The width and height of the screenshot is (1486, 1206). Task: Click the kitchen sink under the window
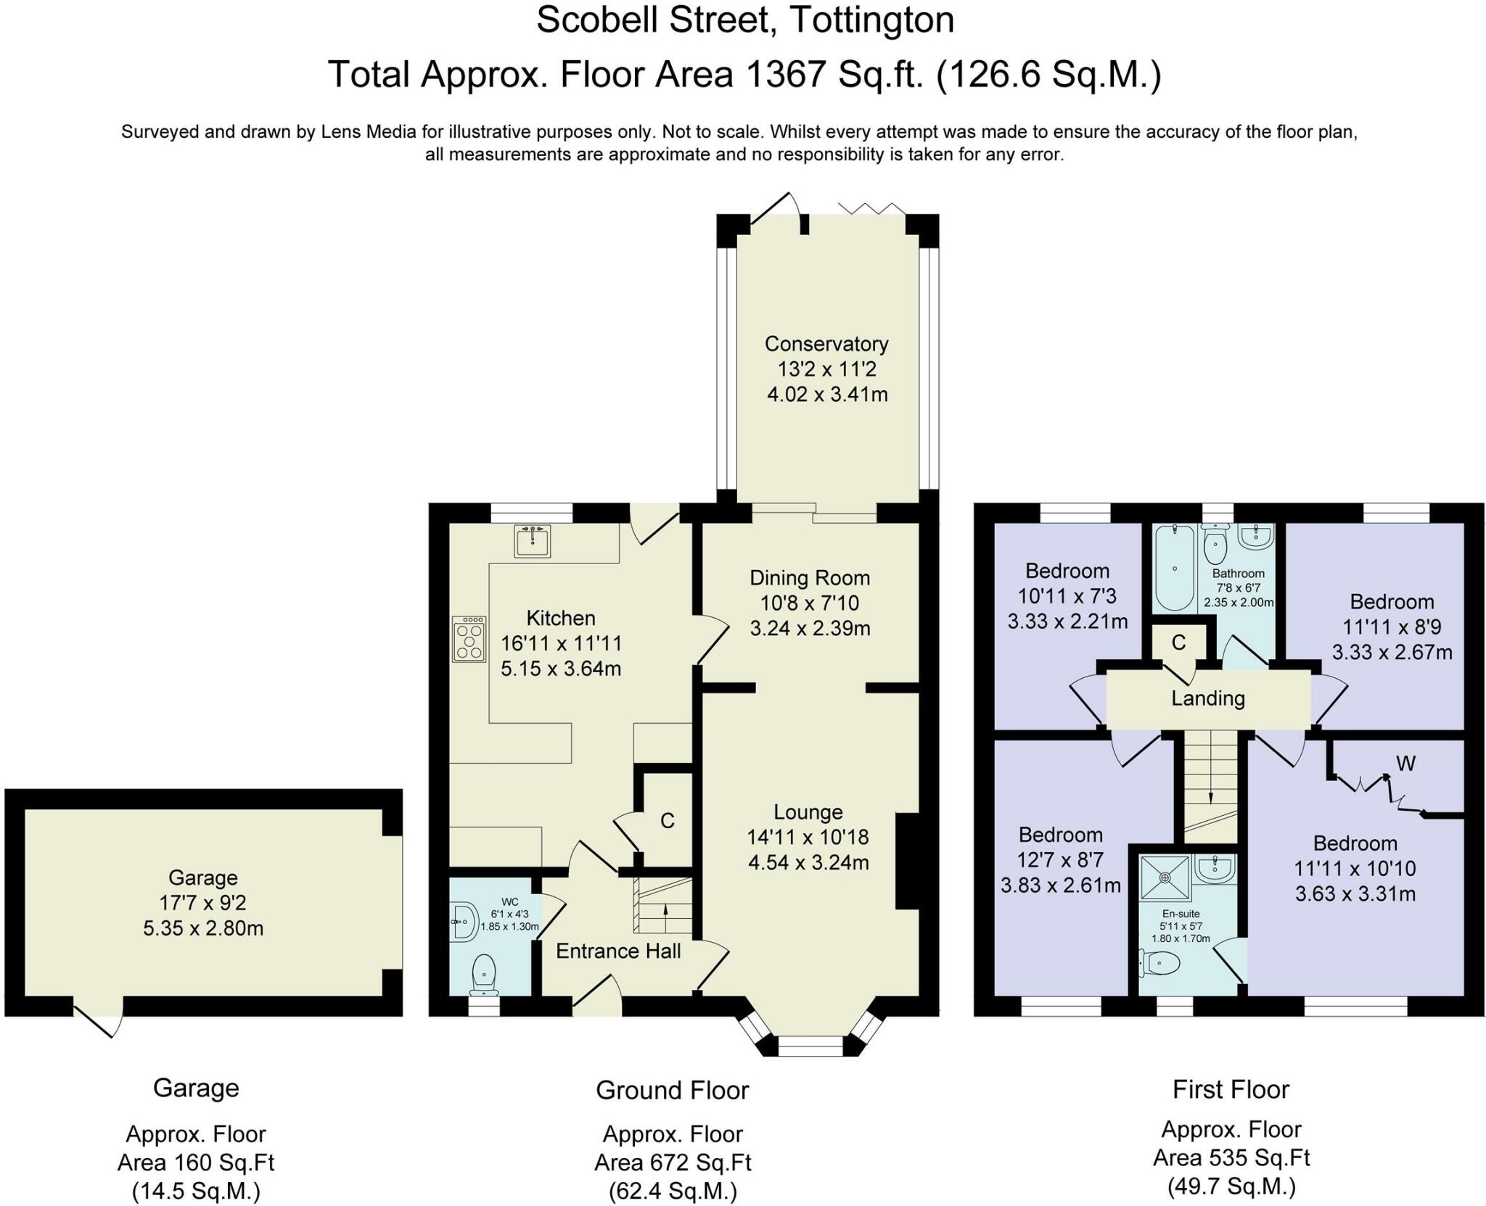tap(533, 541)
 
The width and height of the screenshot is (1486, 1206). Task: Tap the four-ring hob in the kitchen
tap(469, 639)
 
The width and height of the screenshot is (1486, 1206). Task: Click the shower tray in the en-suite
tap(1165, 877)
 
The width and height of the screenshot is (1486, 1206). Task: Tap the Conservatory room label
tap(826, 344)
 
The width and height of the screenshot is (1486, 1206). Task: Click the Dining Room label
tap(810, 578)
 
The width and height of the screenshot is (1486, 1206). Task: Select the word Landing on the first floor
tap(1208, 698)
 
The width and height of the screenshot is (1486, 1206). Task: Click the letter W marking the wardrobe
tap(1406, 763)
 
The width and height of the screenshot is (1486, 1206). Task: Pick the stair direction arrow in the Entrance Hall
tap(665, 911)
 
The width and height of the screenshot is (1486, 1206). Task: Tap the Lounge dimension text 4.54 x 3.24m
tap(808, 863)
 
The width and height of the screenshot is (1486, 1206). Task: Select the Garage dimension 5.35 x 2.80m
tap(203, 928)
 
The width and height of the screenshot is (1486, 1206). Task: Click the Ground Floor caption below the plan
tap(673, 1090)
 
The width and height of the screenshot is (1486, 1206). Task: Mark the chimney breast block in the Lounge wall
tap(907, 862)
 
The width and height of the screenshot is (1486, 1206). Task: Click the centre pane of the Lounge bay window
tap(810, 1046)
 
